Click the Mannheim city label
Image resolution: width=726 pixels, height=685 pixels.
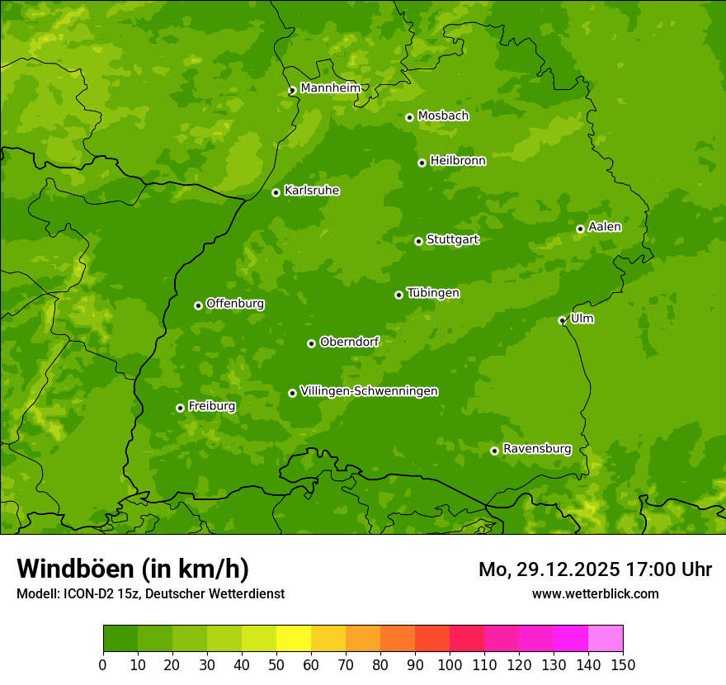tap(330, 88)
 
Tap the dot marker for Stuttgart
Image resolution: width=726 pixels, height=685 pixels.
tap(418, 241)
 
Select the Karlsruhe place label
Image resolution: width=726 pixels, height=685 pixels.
tap(312, 191)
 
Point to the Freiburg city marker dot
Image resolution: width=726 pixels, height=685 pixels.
tap(180, 408)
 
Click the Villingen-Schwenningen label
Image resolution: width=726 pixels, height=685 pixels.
tap(369, 391)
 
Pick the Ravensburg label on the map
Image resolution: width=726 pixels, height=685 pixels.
tap(536, 449)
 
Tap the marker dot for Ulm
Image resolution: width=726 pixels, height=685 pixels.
tap(562, 320)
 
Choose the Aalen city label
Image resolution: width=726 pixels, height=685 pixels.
tap(605, 227)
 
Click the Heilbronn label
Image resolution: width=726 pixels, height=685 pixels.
tap(458, 161)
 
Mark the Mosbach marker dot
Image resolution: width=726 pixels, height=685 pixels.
tap(409, 117)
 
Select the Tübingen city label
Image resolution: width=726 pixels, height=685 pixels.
tap(433, 293)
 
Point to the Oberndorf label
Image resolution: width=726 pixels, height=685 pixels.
tap(349, 342)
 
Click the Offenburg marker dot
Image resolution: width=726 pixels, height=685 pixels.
tap(198, 305)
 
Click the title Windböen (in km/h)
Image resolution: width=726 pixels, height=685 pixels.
tap(133, 569)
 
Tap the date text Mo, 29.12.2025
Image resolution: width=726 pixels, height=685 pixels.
tap(552, 569)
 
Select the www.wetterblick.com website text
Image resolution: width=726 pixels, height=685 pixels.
tap(595, 593)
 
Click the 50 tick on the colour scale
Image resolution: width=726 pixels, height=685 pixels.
tap(276, 664)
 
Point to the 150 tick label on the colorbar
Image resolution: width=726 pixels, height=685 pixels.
tap(623, 664)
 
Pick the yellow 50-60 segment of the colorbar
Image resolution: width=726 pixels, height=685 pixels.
tap(294, 639)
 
